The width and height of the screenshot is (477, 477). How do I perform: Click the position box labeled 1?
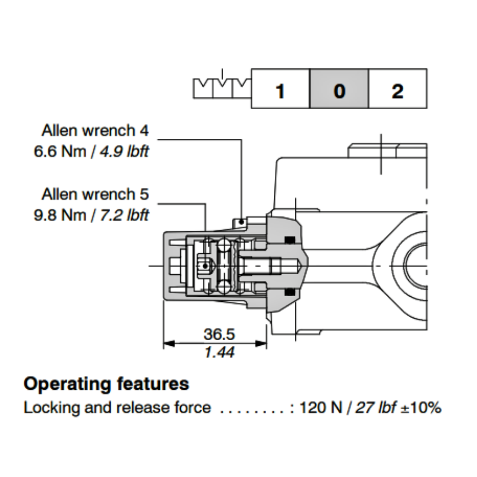coord(280,89)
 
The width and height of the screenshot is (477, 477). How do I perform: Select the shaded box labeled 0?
coord(339,89)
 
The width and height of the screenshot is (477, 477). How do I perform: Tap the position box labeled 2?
coord(397,89)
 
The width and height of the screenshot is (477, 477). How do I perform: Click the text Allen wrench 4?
coord(95,130)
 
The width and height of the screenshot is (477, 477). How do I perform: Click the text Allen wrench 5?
coord(95,194)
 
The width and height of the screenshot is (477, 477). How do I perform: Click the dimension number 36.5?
coord(219,334)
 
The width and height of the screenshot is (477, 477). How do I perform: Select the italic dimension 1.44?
coord(219,353)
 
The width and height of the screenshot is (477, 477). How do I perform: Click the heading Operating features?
coord(106,384)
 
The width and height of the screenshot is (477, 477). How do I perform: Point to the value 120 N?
coord(320,408)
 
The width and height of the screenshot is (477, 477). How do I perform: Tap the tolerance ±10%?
coord(421,408)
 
